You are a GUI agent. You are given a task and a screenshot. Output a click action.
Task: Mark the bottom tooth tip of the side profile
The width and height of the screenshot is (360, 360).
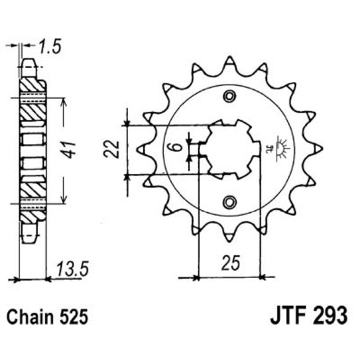(x=30, y=235)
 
